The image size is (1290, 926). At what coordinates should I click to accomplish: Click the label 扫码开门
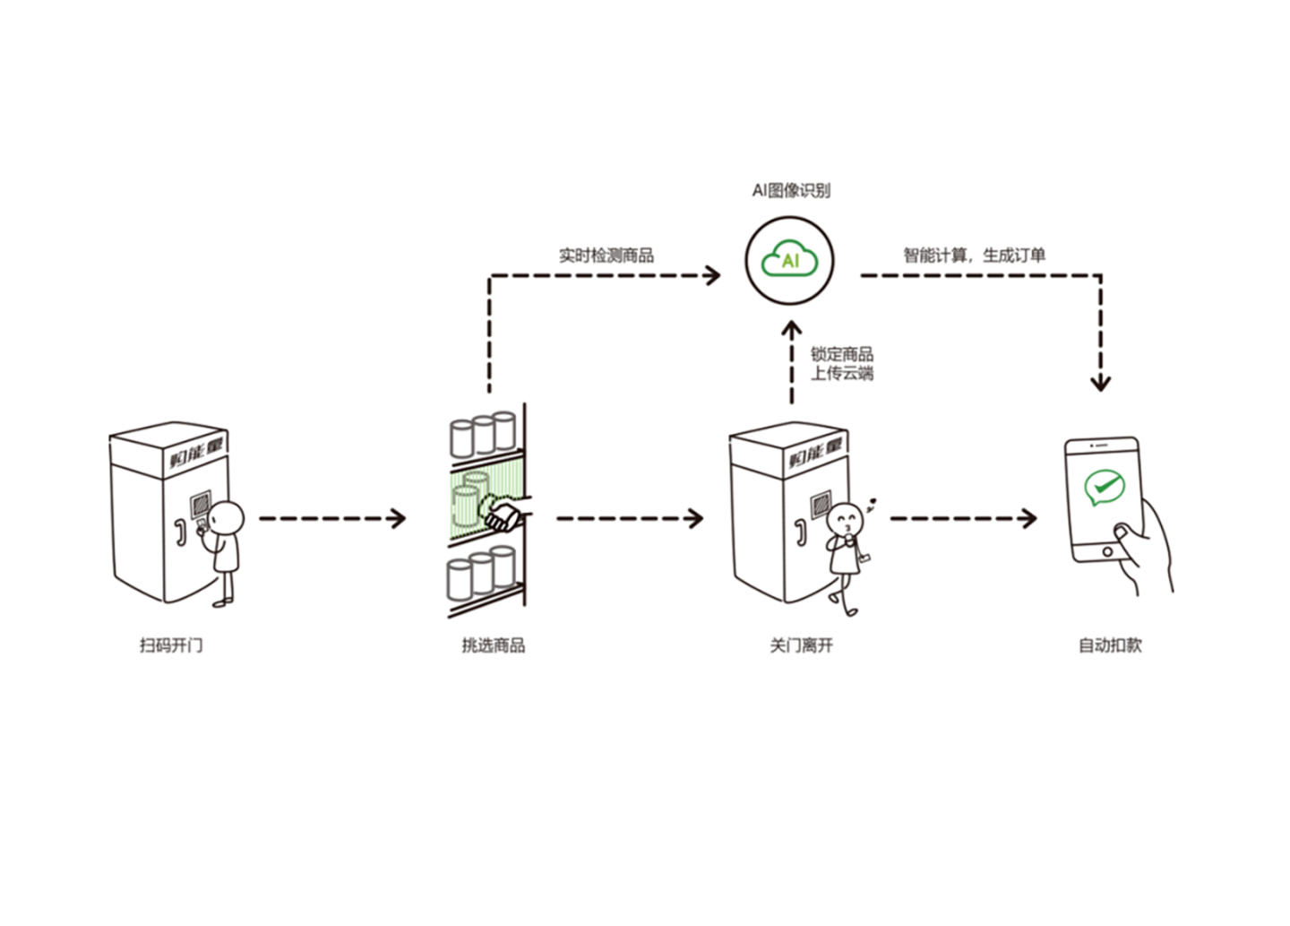click(x=171, y=645)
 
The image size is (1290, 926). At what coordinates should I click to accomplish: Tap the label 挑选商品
click(x=493, y=645)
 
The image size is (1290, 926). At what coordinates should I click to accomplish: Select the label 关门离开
click(x=801, y=645)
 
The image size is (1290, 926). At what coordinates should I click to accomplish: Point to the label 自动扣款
click(x=1109, y=645)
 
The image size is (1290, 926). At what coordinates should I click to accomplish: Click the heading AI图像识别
click(x=790, y=190)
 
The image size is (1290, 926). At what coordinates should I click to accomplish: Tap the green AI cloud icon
click(x=789, y=260)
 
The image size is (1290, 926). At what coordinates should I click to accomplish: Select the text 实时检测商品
click(x=606, y=255)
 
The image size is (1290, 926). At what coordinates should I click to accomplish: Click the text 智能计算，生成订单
click(x=974, y=255)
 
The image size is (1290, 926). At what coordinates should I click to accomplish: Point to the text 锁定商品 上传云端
click(x=841, y=364)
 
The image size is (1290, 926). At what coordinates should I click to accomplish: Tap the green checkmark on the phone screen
click(x=1103, y=488)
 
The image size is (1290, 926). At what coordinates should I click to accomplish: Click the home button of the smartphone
click(x=1107, y=551)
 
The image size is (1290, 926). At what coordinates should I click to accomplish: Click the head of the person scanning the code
click(x=227, y=517)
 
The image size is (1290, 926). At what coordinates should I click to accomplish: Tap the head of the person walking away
click(x=845, y=519)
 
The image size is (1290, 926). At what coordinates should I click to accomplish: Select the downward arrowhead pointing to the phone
click(x=1100, y=383)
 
